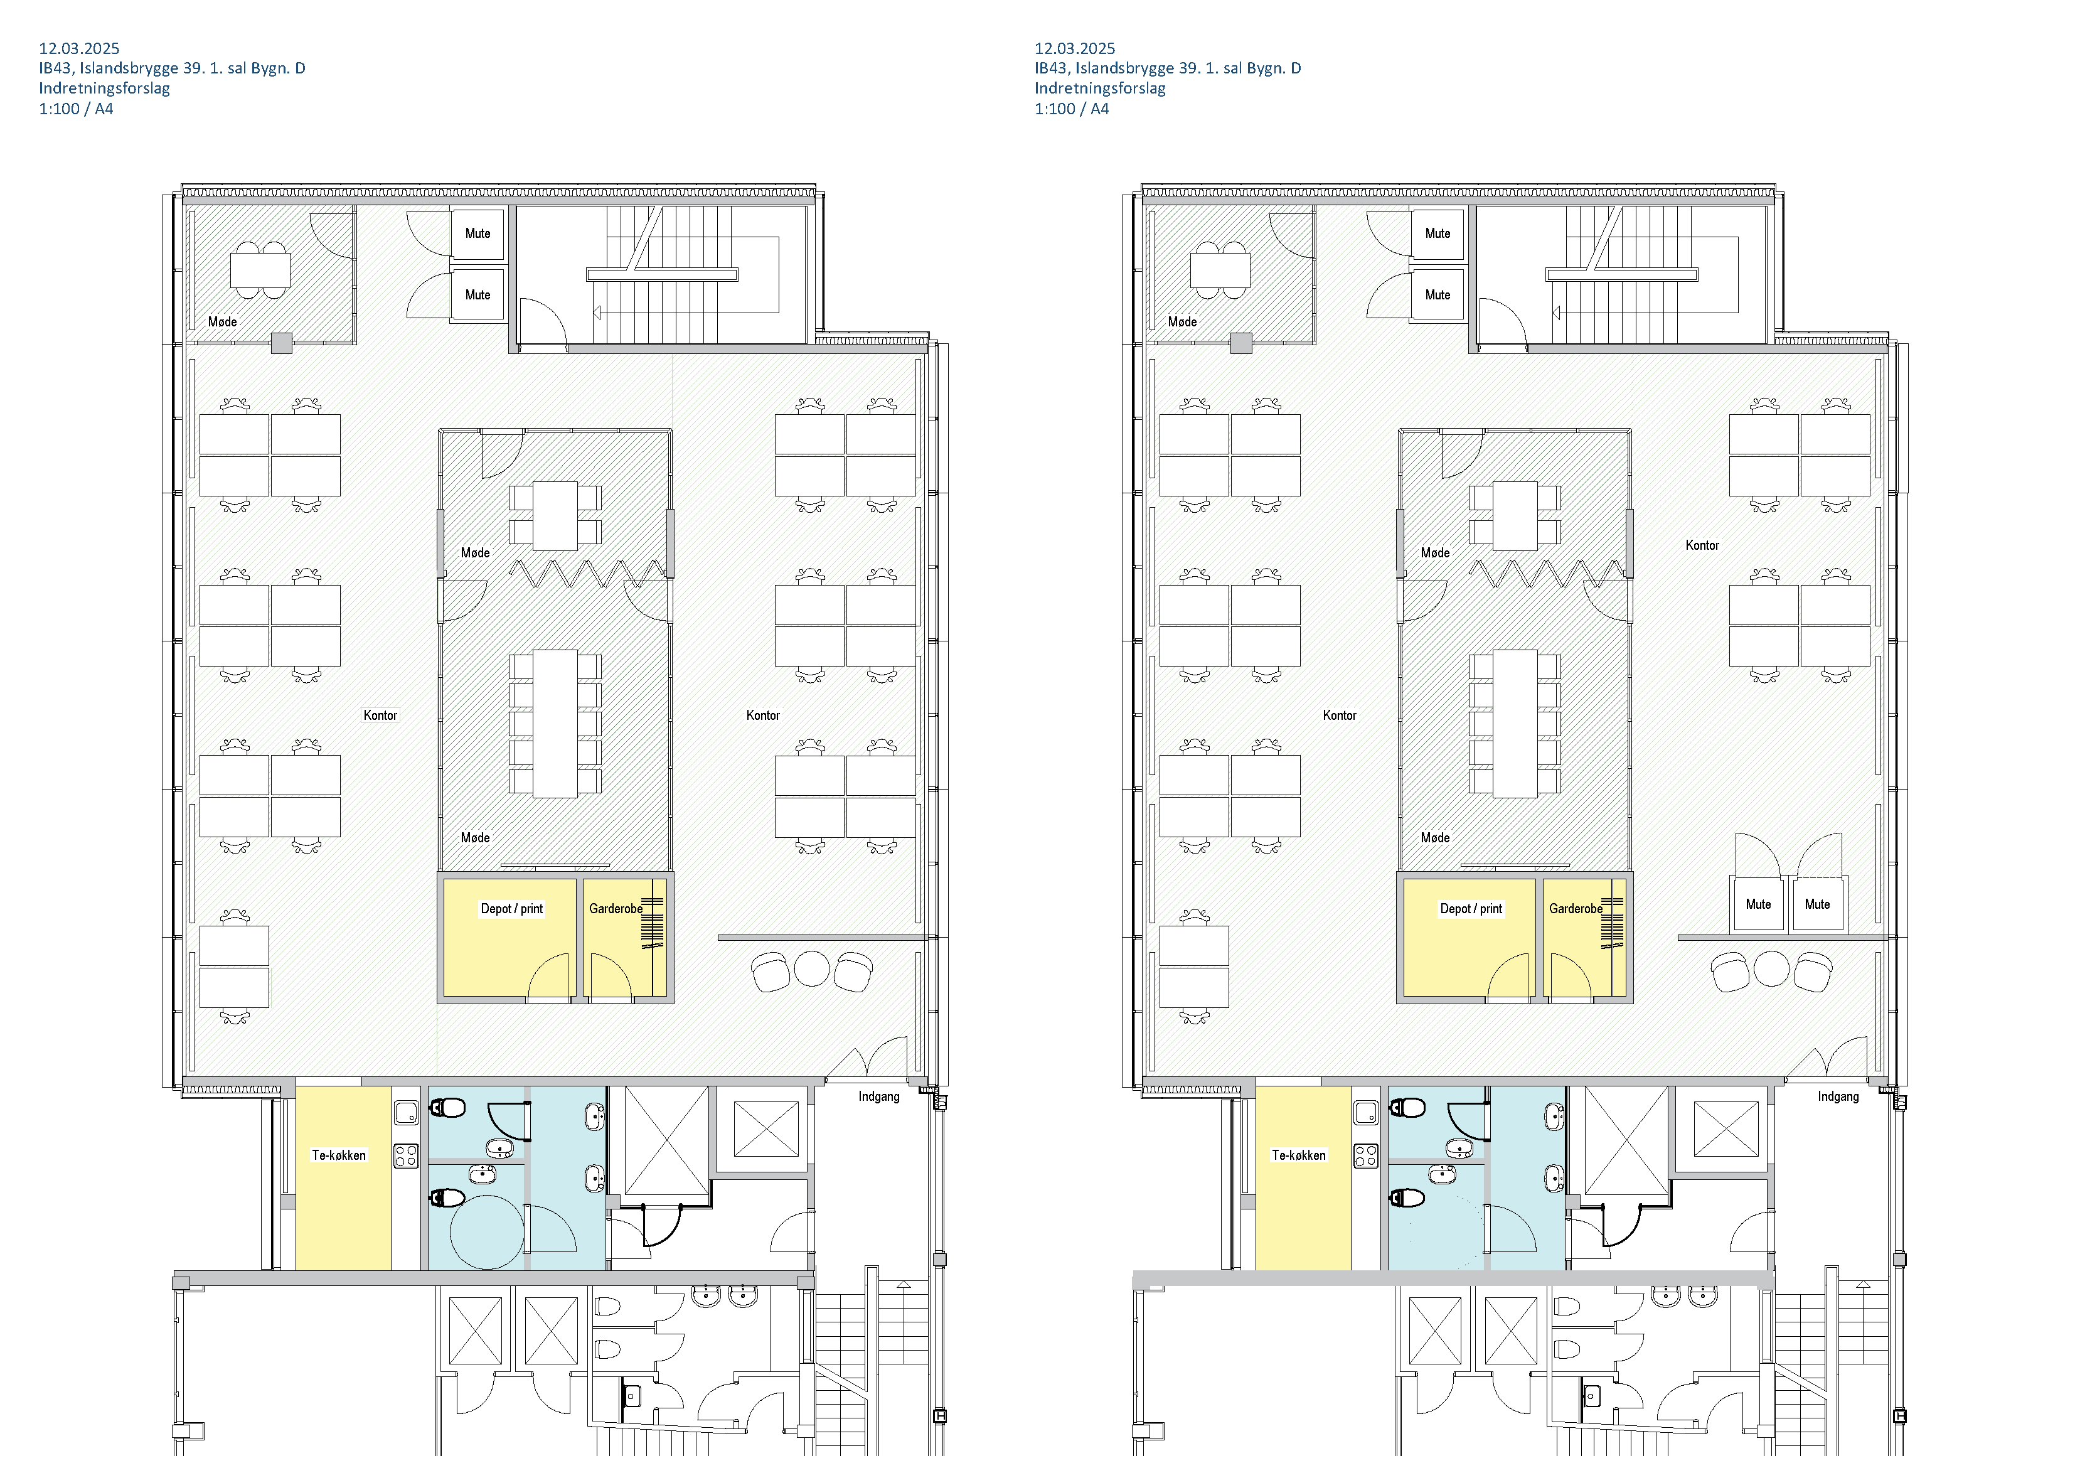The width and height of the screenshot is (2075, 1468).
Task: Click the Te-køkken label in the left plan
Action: pyautogui.click(x=339, y=1155)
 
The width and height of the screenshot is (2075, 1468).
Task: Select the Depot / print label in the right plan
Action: pyautogui.click(x=1471, y=908)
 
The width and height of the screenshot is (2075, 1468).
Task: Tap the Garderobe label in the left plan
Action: pyautogui.click(x=616, y=908)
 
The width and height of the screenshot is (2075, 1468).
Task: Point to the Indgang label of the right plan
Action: pyautogui.click(x=1838, y=1096)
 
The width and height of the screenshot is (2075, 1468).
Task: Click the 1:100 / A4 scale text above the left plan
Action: pyautogui.click(x=76, y=109)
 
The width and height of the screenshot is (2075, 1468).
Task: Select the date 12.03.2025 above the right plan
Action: pyautogui.click(x=1075, y=48)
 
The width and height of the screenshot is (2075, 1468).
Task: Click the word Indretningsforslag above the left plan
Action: pyautogui.click(x=104, y=88)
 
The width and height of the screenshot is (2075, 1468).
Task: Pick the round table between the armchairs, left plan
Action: pyautogui.click(x=811, y=969)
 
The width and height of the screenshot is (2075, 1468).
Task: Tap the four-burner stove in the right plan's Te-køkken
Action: pyautogui.click(x=1365, y=1156)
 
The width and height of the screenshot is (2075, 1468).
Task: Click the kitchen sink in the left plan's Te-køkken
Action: pyautogui.click(x=406, y=1113)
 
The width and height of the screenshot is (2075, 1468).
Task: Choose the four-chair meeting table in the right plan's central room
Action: pyautogui.click(x=1515, y=516)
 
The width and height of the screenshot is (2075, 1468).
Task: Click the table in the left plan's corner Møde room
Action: pyautogui.click(x=260, y=269)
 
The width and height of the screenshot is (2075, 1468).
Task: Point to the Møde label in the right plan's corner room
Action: pyautogui.click(x=1182, y=322)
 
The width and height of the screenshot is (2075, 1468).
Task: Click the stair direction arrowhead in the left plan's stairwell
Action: pyautogui.click(x=597, y=313)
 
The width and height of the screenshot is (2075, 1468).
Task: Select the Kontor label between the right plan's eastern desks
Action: pyautogui.click(x=1702, y=545)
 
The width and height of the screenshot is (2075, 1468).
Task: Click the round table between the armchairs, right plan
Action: pyautogui.click(x=1771, y=969)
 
